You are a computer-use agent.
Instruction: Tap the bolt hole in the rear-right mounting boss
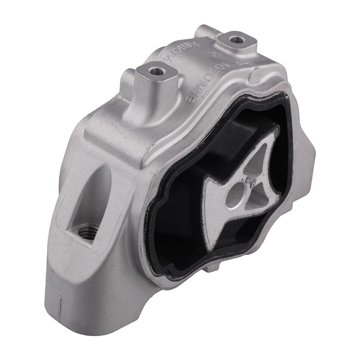click(x=234, y=40)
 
